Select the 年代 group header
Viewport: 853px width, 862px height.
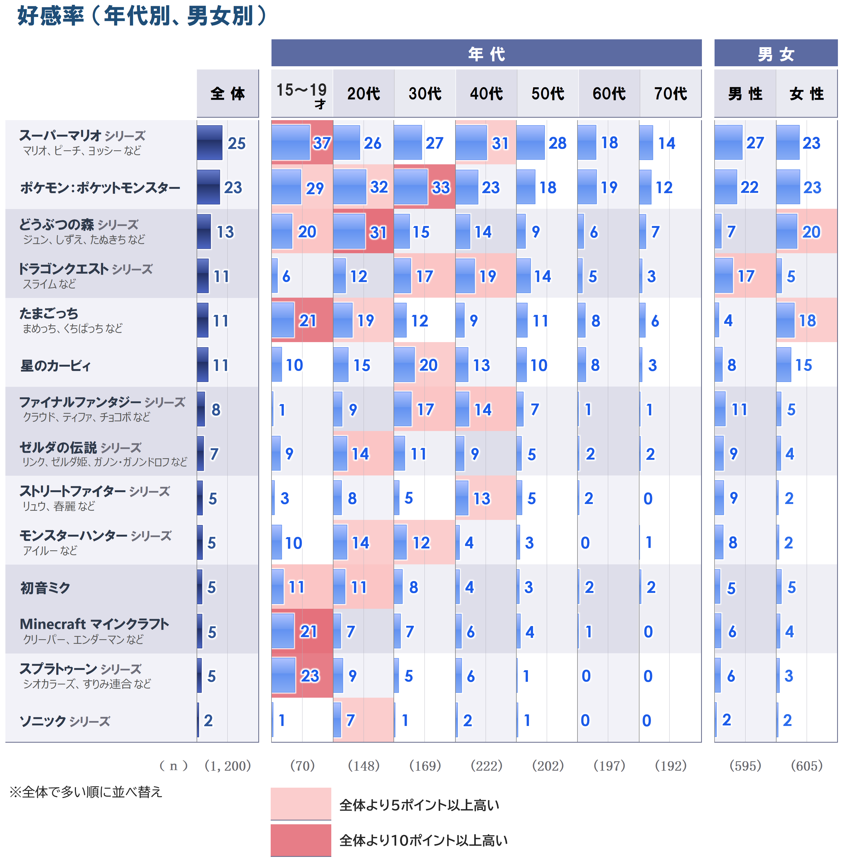coord(486,54)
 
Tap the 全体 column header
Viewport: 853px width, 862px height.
coord(228,94)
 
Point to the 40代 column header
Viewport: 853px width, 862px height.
coord(486,94)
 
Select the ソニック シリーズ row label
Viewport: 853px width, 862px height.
coord(65,721)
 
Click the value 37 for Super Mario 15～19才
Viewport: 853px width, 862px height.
coord(322,143)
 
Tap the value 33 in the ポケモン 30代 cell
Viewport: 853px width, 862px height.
coord(441,187)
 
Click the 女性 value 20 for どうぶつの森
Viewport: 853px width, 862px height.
coord(811,232)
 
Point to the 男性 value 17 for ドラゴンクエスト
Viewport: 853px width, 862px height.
coord(746,276)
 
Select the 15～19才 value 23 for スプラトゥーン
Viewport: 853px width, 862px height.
coord(310,676)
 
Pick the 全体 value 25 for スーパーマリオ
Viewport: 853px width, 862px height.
coord(236,143)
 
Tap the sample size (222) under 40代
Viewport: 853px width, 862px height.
coord(486,766)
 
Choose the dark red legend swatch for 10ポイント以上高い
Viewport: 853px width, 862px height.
coord(301,840)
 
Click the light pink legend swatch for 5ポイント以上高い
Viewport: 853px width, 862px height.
coord(301,804)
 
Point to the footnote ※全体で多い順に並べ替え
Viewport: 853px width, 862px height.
coord(86,792)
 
